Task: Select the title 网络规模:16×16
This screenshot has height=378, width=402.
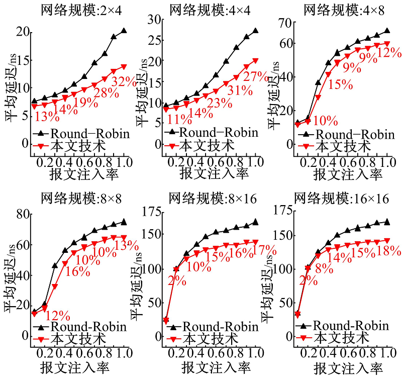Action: point(342,198)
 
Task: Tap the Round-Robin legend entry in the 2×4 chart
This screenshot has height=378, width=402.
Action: point(83,134)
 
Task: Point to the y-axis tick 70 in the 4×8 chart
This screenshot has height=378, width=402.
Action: point(287,23)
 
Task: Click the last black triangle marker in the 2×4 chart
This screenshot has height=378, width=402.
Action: point(124,31)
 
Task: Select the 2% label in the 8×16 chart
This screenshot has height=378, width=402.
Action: point(177,279)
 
